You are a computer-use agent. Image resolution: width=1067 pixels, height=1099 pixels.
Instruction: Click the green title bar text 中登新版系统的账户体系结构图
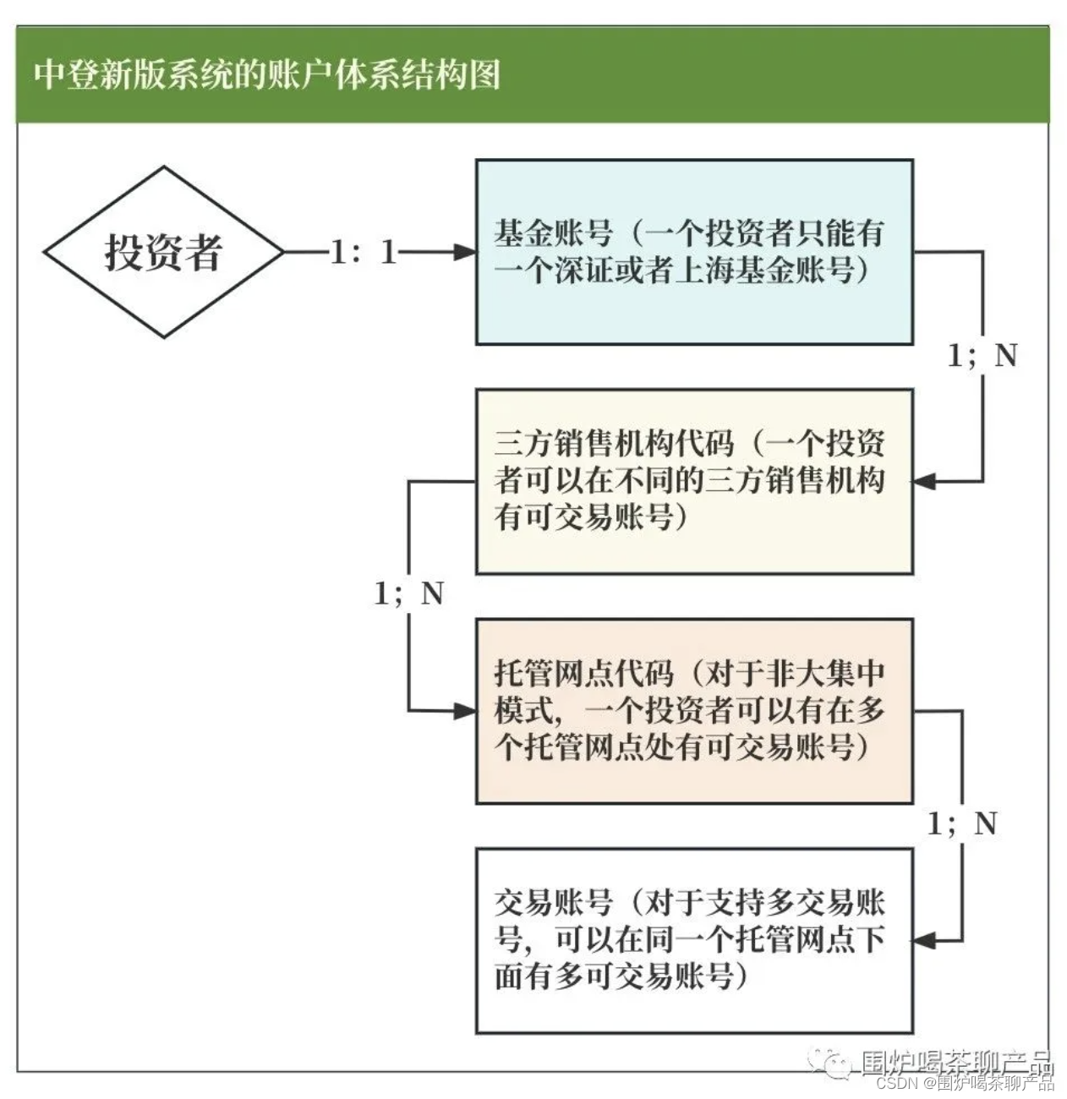click(x=267, y=74)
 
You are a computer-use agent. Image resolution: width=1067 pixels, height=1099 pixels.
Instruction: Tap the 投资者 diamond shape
click(x=163, y=252)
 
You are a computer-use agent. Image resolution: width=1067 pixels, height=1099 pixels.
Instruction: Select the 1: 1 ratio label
click(x=364, y=252)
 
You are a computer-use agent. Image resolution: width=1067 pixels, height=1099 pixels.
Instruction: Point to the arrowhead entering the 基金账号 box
click(x=466, y=252)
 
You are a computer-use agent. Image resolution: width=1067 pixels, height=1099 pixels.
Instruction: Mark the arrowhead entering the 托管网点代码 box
click(x=466, y=711)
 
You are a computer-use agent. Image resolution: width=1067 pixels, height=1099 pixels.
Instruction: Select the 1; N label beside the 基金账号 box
click(x=982, y=356)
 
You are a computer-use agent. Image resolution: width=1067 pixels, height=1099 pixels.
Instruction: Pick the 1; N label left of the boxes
click(x=408, y=593)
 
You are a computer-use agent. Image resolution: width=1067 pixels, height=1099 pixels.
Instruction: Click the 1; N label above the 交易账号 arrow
click(x=962, y=823)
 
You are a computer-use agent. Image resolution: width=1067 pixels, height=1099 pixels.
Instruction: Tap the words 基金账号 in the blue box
click(x=554, y=232)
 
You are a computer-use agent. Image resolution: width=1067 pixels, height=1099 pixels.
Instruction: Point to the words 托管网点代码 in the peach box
click(x=584, y=674)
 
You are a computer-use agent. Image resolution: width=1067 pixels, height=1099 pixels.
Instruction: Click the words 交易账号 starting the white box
click(x=554, y=903)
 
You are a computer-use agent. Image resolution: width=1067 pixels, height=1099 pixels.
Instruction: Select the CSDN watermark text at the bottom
click(x=964, y=1083)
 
